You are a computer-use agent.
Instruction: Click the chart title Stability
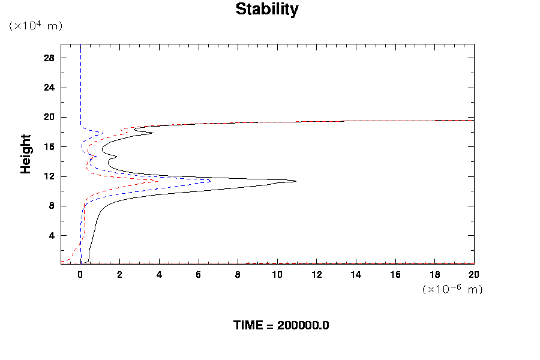click(x=266, y=10)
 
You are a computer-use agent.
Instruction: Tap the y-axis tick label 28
click(x=49, y=58)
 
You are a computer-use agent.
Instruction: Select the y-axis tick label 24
click(x=49, y=88)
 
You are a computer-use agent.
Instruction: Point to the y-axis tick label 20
click(x=49, y=117)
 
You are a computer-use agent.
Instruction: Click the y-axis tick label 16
click(x=49, y=147)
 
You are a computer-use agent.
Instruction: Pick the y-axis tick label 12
click(x=49, y=176)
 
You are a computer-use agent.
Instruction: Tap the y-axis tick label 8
click(x=52, y=206)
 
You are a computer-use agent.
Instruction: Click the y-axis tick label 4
click(x=52, y=236)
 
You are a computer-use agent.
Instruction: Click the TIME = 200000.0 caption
click(x=281, y=325)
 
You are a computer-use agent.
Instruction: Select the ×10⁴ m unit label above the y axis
click(x=35, y=26)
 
